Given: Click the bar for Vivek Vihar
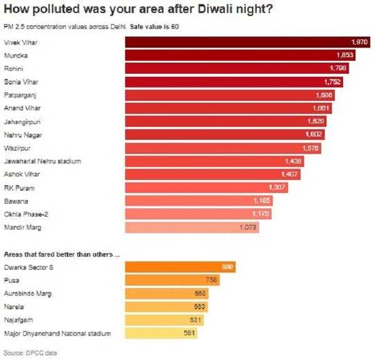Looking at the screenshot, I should pos(244,41).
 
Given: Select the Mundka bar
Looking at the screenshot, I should pos(241,55).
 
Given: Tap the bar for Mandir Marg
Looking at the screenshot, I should pos(192,228).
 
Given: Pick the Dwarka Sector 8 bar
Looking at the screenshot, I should pos(181,267).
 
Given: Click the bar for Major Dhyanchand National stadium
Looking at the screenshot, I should pos(161,334).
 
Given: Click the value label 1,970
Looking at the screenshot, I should pos(360,41).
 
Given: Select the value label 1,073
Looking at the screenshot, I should pos(248,228).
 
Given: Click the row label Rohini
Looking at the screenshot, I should pos(14,68).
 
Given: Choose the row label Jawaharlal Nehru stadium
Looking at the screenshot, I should pos(42,161).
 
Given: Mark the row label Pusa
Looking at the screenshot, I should pos(11,281).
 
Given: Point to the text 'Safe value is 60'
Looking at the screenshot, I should pos(154,26).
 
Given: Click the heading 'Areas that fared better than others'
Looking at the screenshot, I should pos(61,254).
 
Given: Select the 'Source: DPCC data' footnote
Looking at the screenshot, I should pos(30,353).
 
